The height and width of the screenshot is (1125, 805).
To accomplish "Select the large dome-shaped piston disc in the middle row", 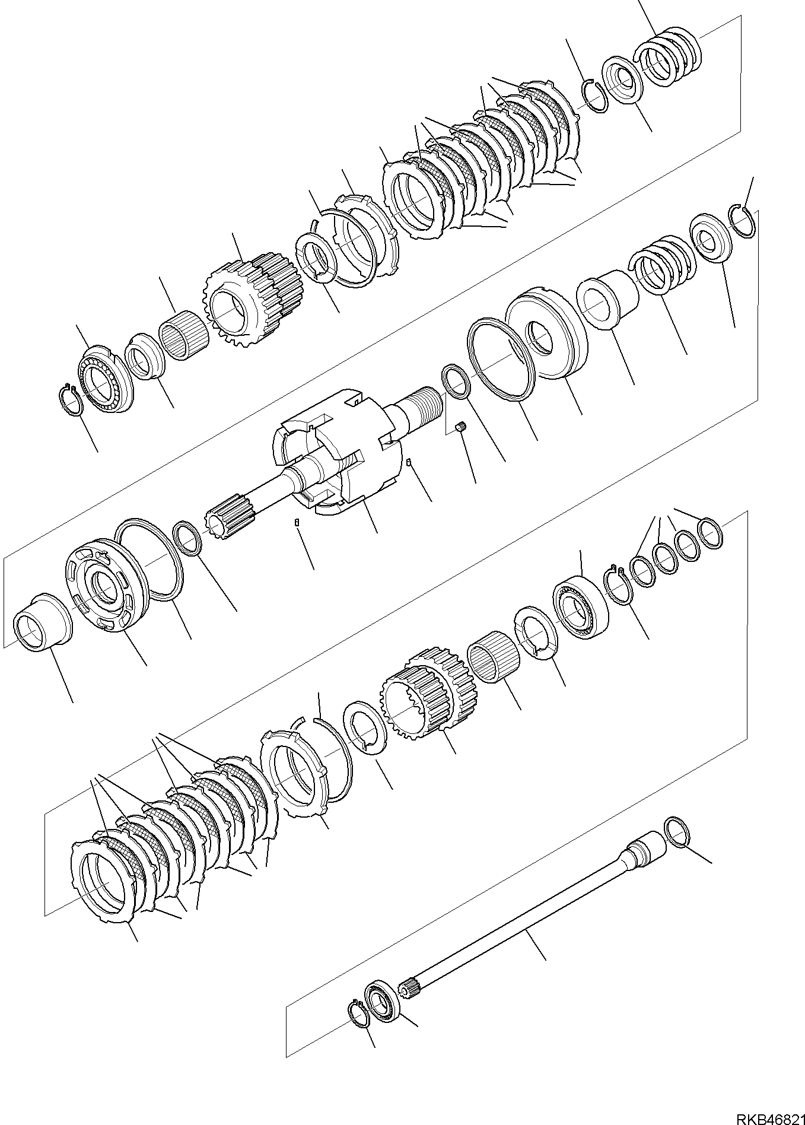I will pyautogui.click(x=546, y=337).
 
